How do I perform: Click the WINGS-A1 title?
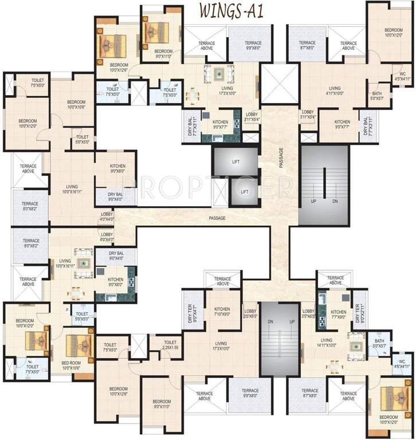[231, 11]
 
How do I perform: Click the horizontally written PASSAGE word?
[217, 218]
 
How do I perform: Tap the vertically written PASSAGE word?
[281, 157]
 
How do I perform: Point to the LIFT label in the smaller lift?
[245, 192]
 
